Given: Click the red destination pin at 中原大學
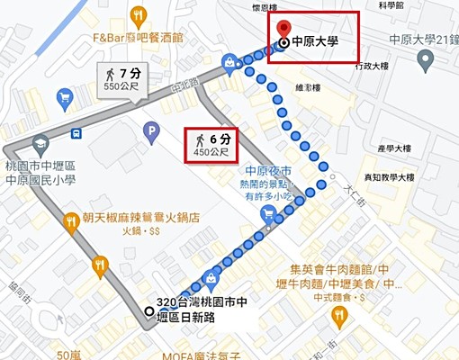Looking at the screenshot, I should tap(284, 30).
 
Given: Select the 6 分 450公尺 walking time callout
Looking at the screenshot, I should tap(213, 144).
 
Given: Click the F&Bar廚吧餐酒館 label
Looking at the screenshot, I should tap(138, 38).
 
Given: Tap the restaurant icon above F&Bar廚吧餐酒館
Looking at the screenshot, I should tap(138, 14).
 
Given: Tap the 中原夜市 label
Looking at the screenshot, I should tap(269, 171).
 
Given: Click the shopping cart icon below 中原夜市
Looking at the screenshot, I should tap(267, 213).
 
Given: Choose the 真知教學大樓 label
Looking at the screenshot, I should tap(382, 177).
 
